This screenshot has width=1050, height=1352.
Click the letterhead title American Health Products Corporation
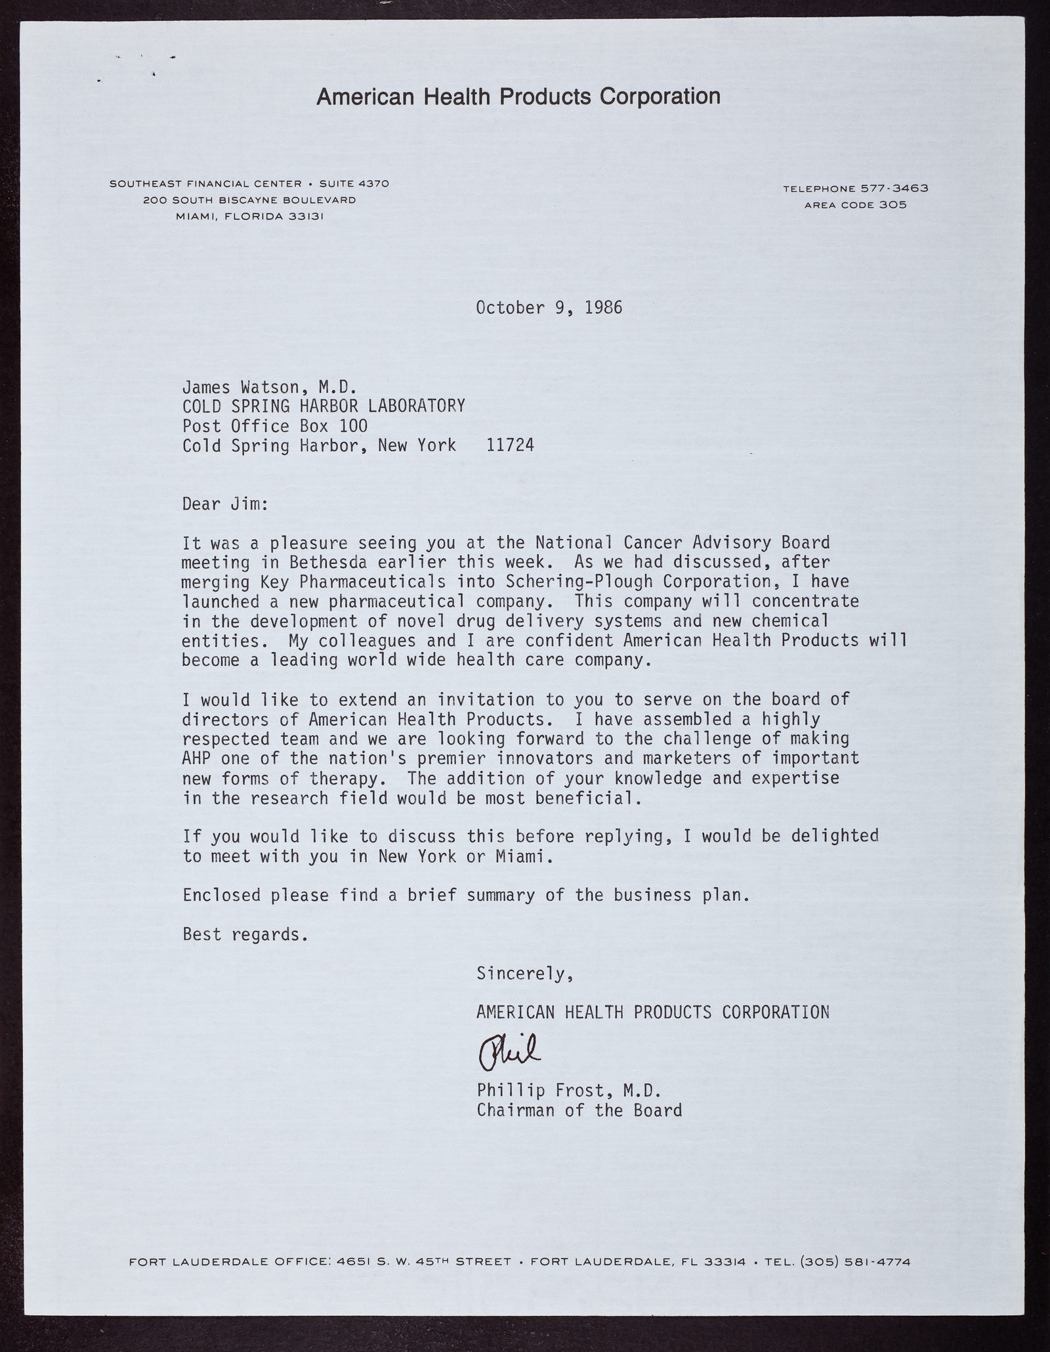[x=518, y=97]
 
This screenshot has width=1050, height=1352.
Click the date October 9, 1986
[x=549, y=307]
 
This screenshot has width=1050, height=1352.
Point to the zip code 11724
[x=510, y=445]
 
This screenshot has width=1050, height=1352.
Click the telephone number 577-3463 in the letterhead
[x=894, y=188]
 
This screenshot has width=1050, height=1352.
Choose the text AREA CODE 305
[x=855, y=205]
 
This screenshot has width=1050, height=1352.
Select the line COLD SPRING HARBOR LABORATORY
[x=324, y=406]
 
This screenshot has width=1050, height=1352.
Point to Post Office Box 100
[x=275, y=425]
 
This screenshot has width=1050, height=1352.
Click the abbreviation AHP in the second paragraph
[x=197, y=758]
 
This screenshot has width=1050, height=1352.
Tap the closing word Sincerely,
[x=526, y=974]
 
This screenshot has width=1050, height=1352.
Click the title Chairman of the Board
[x=579, y=1110]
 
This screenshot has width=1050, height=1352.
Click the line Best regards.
[x=245, y=934]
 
